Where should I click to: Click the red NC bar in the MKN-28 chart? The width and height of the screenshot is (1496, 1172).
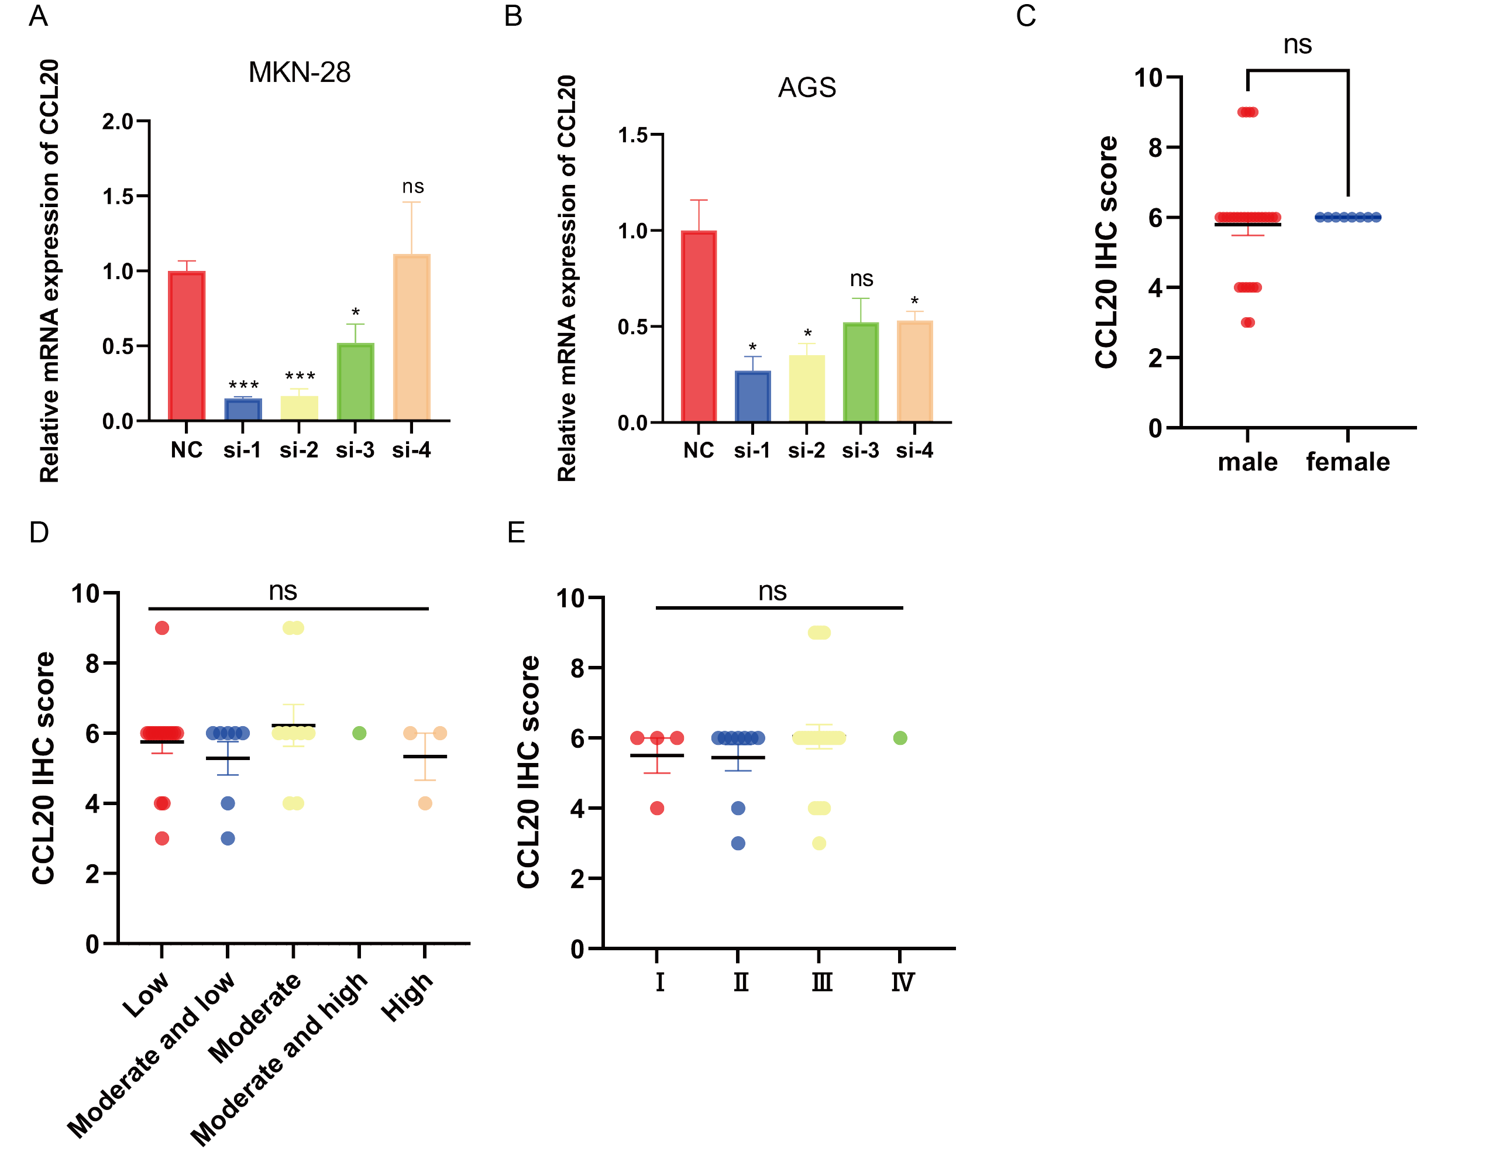tap(186, 346)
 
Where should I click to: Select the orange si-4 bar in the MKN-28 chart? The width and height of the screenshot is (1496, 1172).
tap(411, 337)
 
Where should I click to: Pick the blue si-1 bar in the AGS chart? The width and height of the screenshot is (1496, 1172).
tap(752, 396)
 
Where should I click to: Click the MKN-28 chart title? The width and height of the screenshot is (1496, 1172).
tap(299, 73)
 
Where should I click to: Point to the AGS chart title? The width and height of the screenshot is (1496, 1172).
tap(807, 88)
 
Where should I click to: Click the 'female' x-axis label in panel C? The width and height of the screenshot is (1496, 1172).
tap(1347, 462)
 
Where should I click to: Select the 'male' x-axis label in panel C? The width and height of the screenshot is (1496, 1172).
tap(1247, 462)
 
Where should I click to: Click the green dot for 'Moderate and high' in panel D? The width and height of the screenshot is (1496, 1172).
tap(359, 734)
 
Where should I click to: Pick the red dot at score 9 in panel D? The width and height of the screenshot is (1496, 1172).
tap(162, 628)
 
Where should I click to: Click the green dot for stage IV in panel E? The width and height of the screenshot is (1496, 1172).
tap(900, 738)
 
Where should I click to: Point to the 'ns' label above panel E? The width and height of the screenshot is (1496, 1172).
tap(772, 592)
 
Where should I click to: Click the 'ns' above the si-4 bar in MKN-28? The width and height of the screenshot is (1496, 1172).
tap(413, 187)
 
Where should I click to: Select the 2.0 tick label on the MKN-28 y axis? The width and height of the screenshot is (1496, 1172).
tap(117, 122)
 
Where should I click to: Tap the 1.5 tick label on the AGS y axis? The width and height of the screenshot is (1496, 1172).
tap(632, 135)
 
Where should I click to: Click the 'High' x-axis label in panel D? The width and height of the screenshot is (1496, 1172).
tap(407, 996)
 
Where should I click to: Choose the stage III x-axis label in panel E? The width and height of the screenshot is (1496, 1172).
tap(821, 982)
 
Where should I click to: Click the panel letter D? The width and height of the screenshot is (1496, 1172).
tap(39, 532)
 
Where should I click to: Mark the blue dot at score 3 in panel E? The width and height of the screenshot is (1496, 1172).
tap(738, 843)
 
